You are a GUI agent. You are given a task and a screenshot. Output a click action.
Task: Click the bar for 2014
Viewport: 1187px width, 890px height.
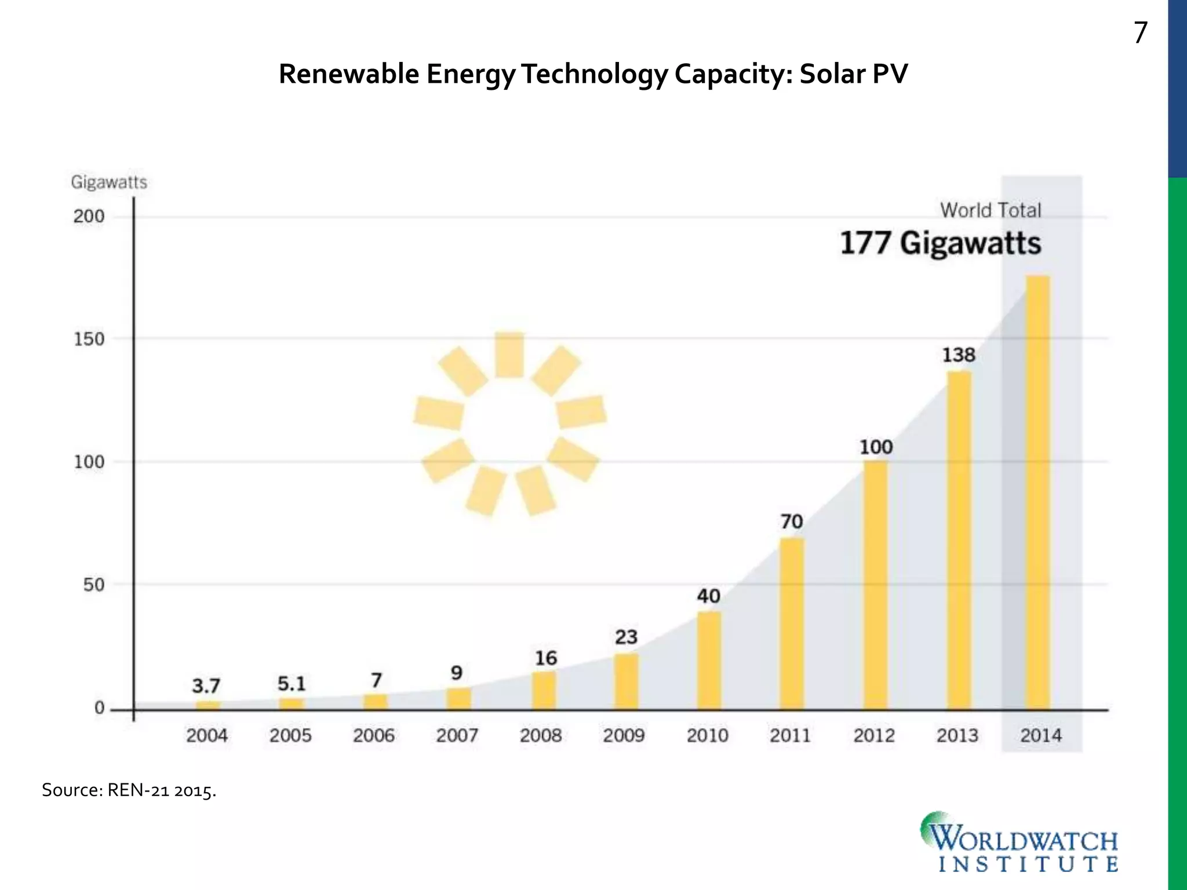pos(1037,493)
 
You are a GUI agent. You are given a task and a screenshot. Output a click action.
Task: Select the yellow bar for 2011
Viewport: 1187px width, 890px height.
pos(792,623)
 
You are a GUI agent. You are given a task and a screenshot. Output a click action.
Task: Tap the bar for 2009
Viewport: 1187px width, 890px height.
pos(627,681)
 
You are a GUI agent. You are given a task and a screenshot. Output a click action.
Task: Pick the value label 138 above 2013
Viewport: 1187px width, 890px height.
pos(959,355)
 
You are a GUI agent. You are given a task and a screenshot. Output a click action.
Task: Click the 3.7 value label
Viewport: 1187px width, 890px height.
pos(206,686)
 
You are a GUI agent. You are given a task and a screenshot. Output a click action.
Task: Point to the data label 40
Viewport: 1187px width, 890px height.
pos(708,596)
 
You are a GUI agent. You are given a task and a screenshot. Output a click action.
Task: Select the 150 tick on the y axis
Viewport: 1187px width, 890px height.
pos(89,339)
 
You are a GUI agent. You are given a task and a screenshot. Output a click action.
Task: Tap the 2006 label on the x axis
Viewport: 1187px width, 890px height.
pos(374,736)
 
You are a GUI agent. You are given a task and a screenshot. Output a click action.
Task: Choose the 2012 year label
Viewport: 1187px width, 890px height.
pos(874,736)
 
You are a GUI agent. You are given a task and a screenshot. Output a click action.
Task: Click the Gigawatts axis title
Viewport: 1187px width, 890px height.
pos(109,183)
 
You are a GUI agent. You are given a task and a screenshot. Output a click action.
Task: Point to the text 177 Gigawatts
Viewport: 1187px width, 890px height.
pos(940,243)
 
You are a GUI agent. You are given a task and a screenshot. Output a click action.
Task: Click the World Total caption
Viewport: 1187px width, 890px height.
pos(990,210)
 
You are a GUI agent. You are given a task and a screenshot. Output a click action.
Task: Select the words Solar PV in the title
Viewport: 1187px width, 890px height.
pos(853,74)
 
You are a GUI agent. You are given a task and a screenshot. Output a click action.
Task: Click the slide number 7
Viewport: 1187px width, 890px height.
pos(1140,33)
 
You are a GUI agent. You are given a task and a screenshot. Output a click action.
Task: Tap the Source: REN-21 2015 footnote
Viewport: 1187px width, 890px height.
pos(129,790)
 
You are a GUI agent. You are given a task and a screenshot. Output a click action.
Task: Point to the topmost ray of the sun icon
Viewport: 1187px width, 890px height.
pos(509,355)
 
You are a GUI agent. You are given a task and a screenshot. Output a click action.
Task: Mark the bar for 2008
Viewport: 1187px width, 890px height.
pos(544,691)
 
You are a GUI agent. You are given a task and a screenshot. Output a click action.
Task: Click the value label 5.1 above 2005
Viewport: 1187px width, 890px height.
pos(291,684)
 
